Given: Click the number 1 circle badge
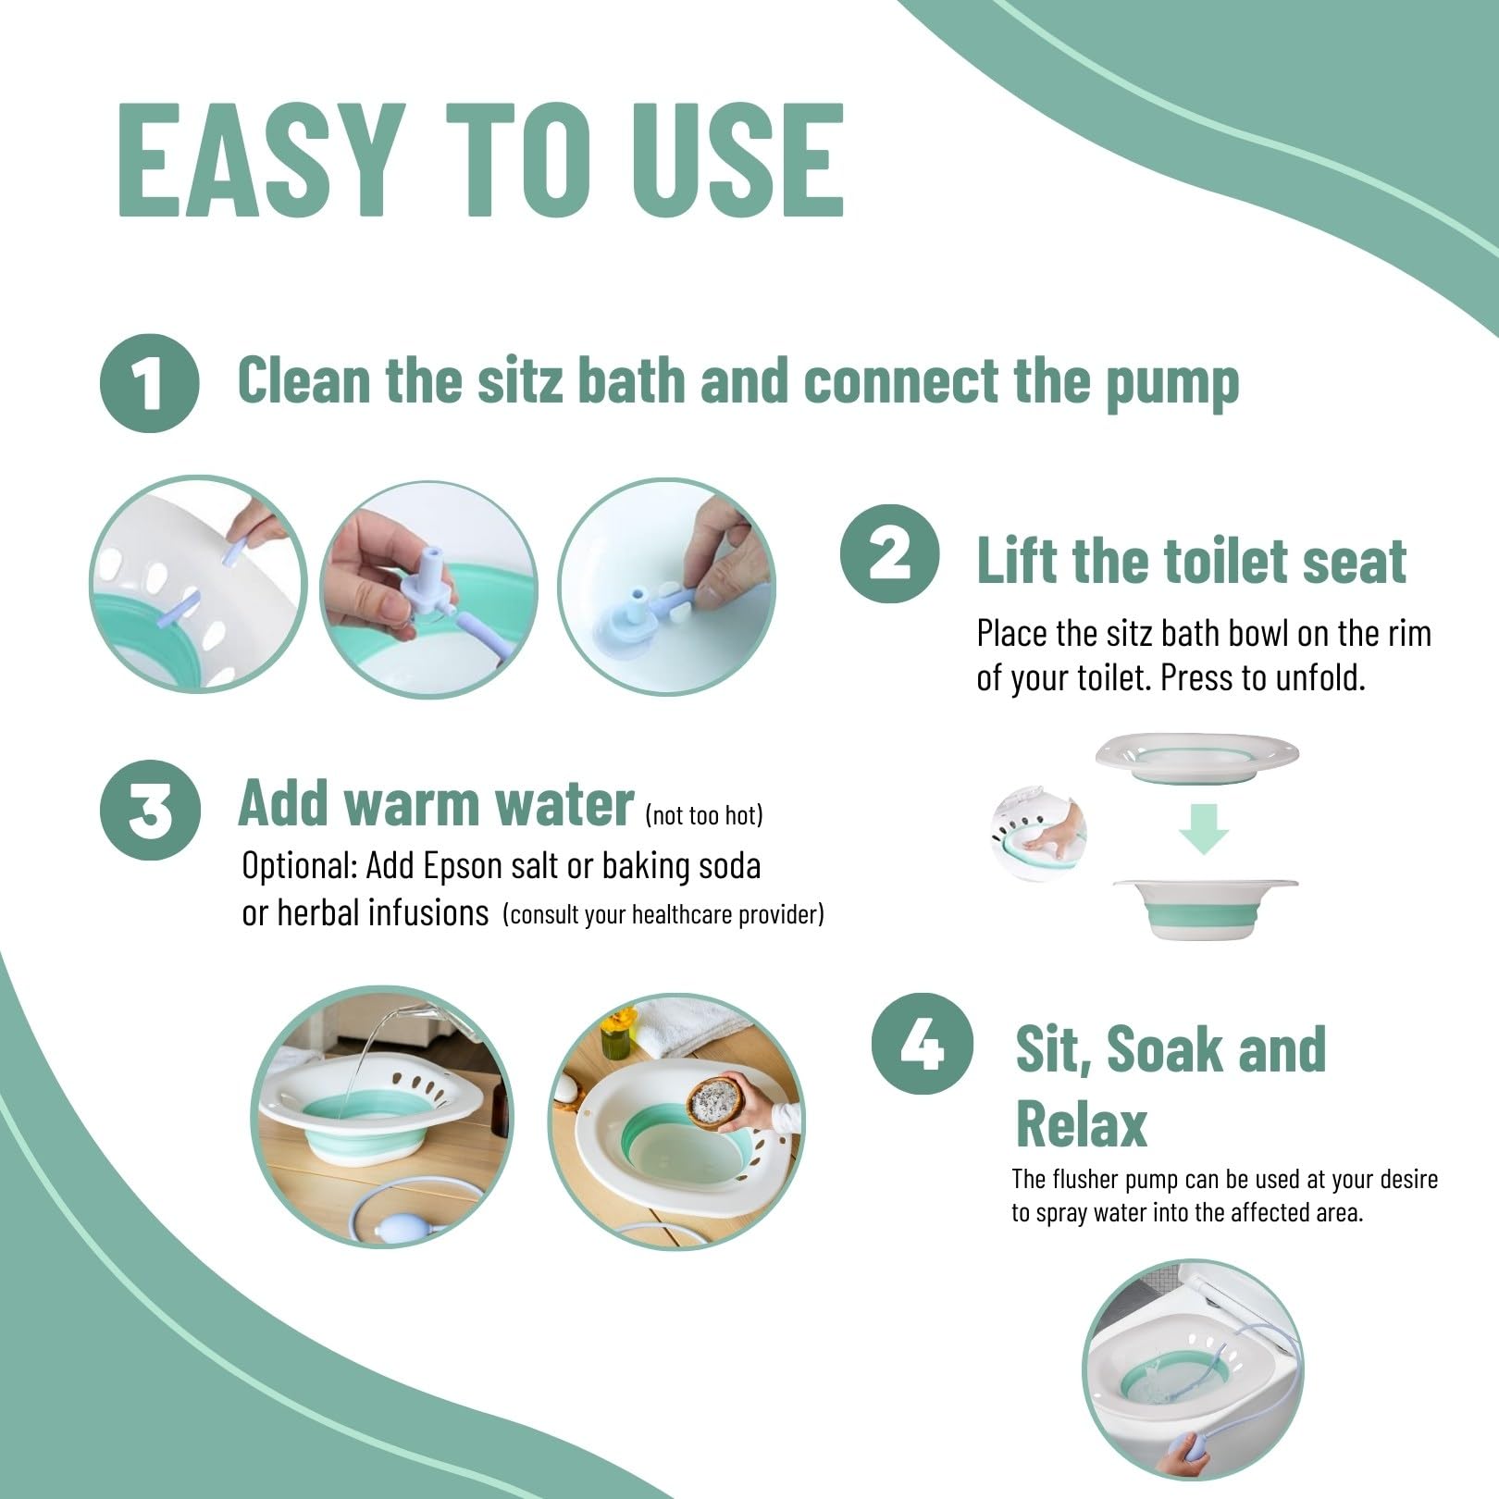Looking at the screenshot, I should [x=149, y=383].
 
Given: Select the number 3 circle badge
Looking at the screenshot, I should [x=150, y=808].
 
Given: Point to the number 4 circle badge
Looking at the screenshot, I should [x=922, y=1044].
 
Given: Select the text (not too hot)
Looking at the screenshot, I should [x=704, y=815].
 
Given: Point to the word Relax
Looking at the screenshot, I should [x=1081, y=1125].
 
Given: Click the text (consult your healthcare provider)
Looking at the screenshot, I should [x=663, y=915].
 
